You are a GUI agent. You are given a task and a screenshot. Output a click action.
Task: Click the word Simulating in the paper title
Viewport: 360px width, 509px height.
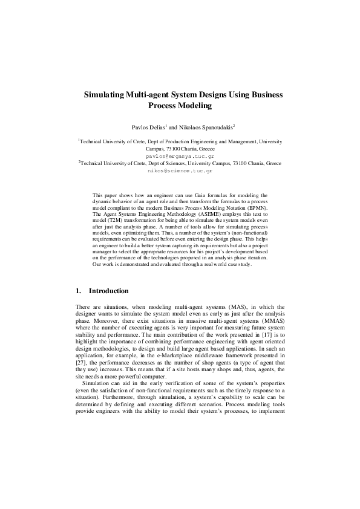pos(103,95)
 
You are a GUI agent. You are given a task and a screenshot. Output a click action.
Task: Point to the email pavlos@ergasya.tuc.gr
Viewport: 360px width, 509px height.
pos(180,155)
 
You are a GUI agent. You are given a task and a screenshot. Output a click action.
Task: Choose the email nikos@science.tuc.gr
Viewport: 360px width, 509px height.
pos(180,171)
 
